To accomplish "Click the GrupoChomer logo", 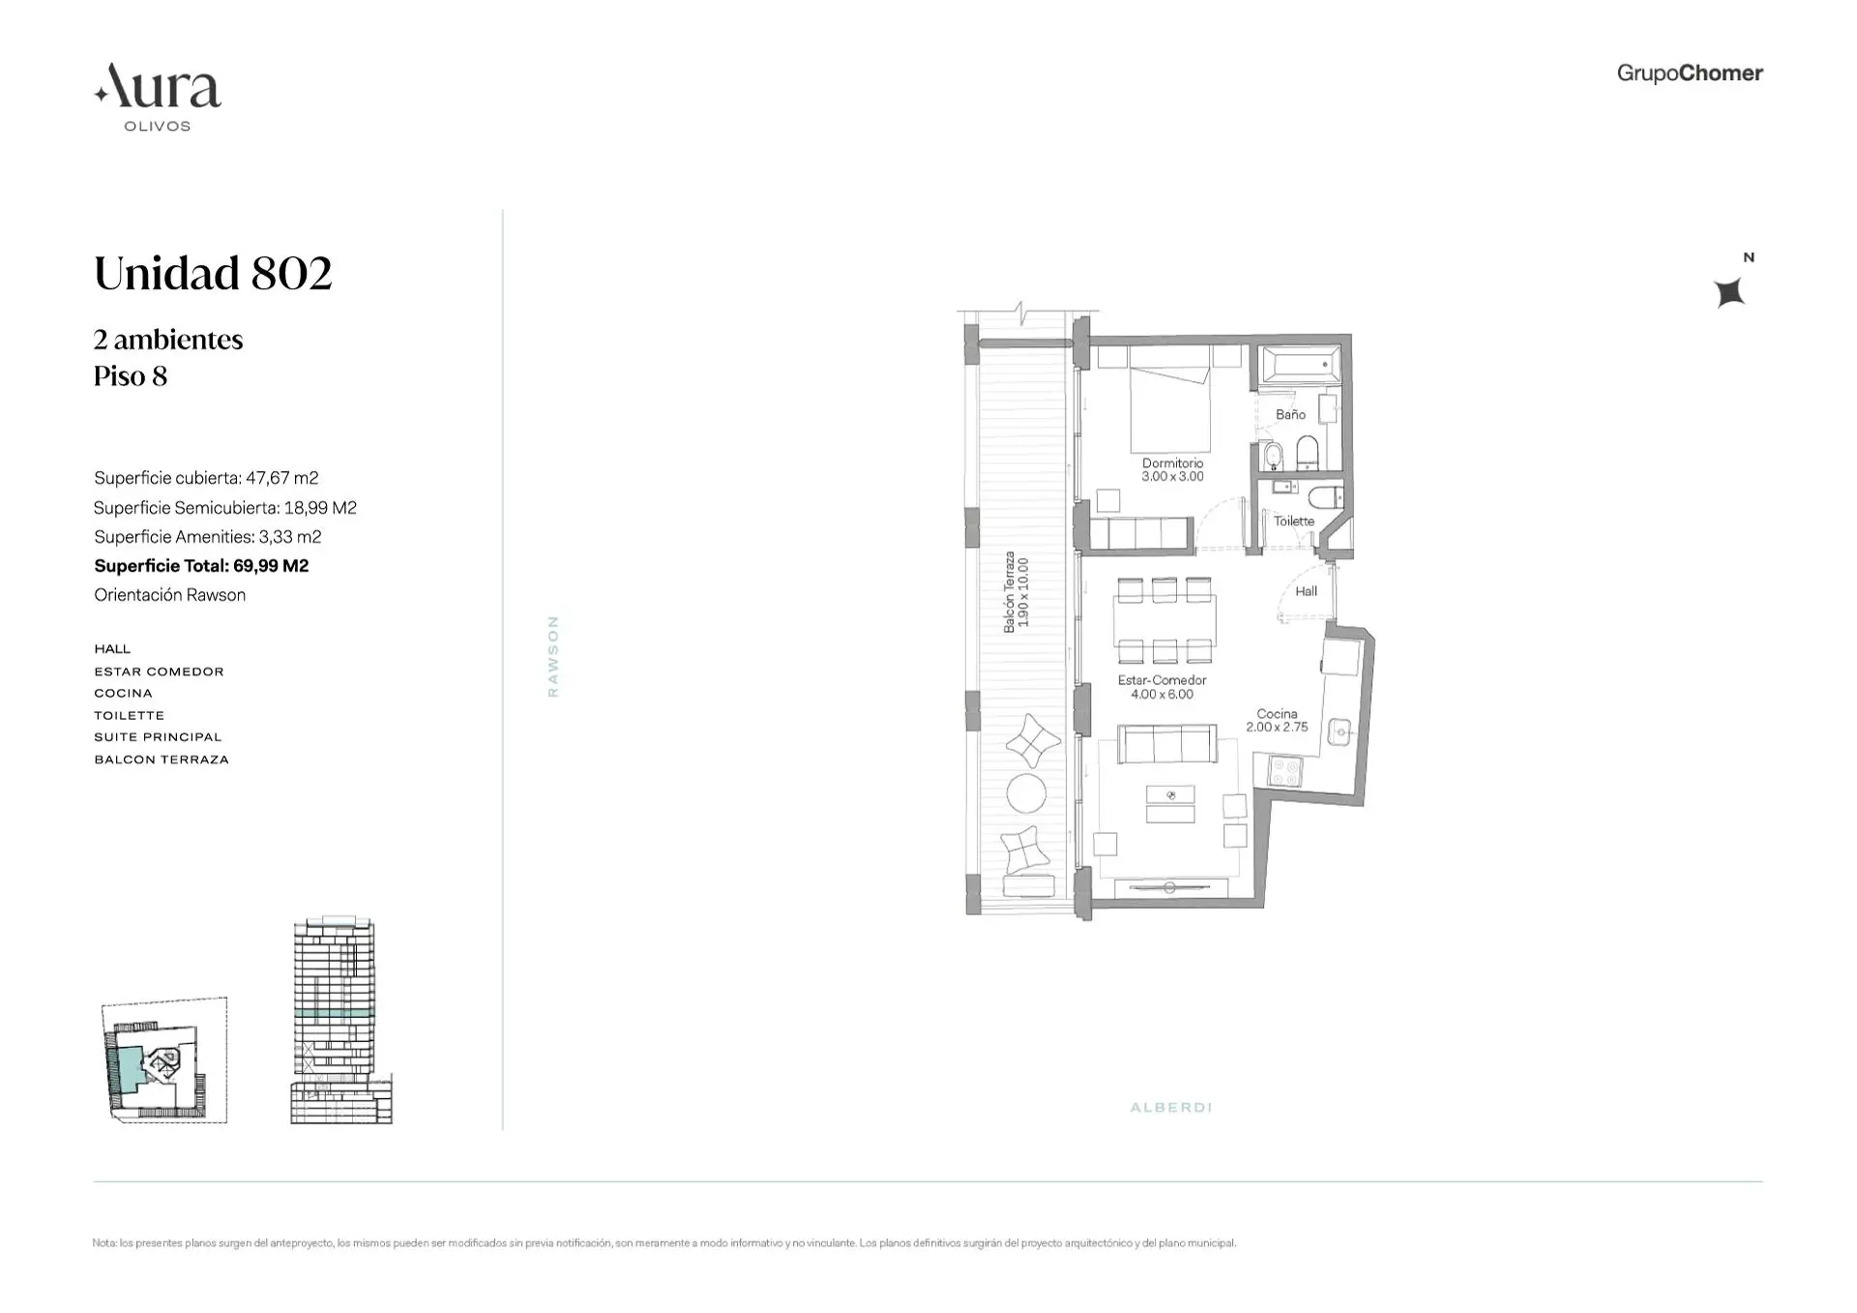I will tap(1689, 74).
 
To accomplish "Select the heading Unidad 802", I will tap(213, 273).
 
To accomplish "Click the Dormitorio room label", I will tap(1172, 463).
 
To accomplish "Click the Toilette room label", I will tap(1293, 522).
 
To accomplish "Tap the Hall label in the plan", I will tap(1306, 591).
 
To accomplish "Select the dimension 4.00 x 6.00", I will tap(1162, 695).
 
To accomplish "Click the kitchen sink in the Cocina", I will tap(1340, 731).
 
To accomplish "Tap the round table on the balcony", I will tap(1026, 793).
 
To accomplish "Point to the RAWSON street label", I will tap(553, 656).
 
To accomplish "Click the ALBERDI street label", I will tap(1170, 1107).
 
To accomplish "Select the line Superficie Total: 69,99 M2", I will tap(201, 566).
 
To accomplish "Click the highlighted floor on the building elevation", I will tap(334, 1012).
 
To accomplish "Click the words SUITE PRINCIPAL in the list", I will tap(158, 737).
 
